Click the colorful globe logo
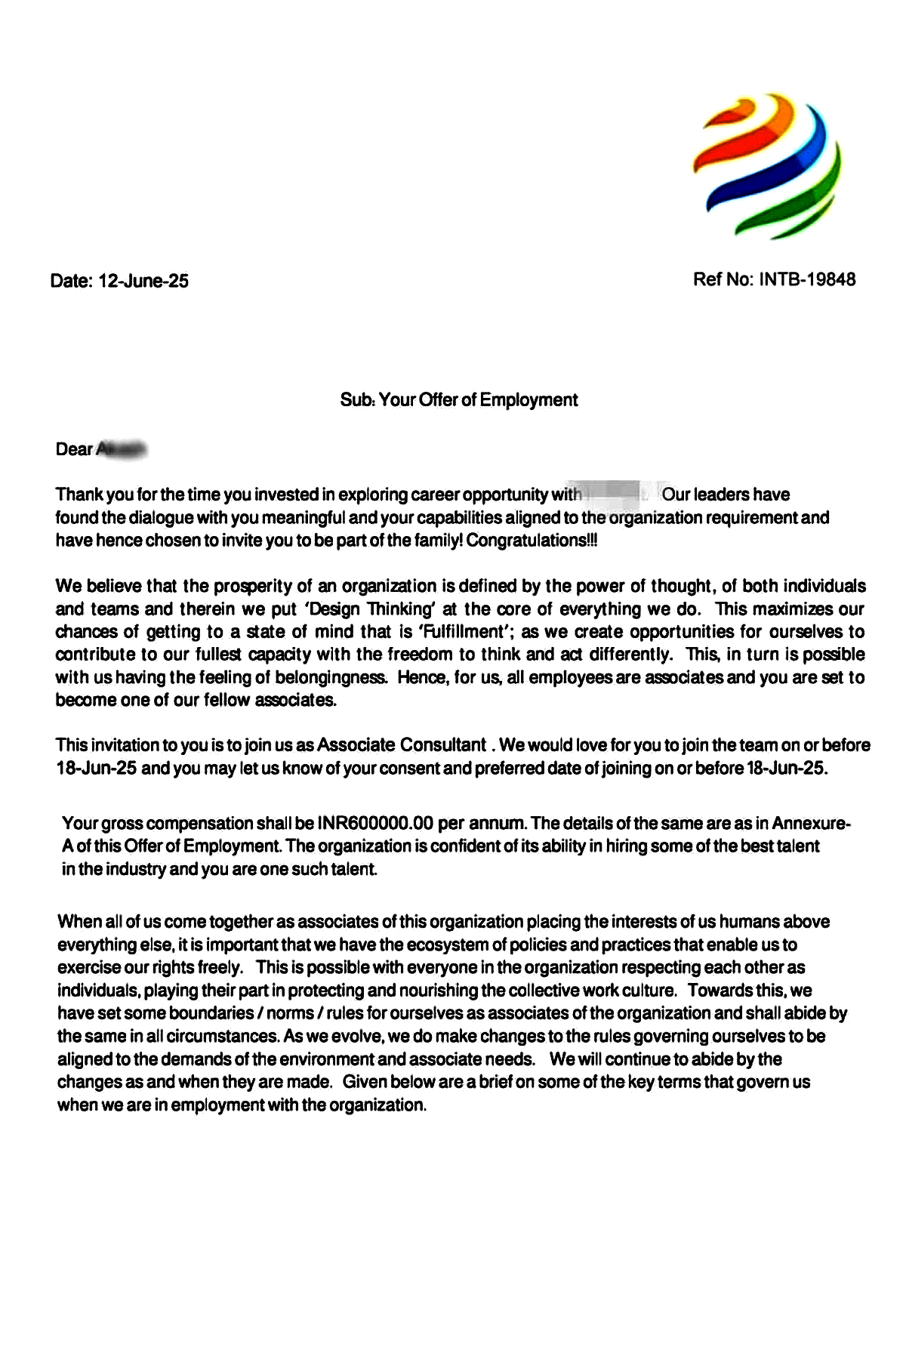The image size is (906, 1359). click(x=766, y=167)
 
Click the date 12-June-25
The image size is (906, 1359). click(x=143, y=282)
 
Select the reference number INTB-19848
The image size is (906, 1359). click(x=807, y=279)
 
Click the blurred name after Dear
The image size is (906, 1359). click(x=121, y=449)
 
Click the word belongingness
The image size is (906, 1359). click(x=332, y=677)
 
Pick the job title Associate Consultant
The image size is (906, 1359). click(x=401, y=745)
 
